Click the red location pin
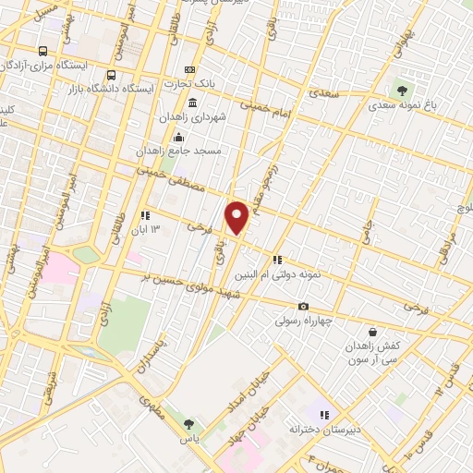237,215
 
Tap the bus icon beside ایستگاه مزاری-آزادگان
42,52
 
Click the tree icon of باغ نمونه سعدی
401,90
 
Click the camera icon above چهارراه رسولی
303,307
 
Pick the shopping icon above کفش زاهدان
372,332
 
